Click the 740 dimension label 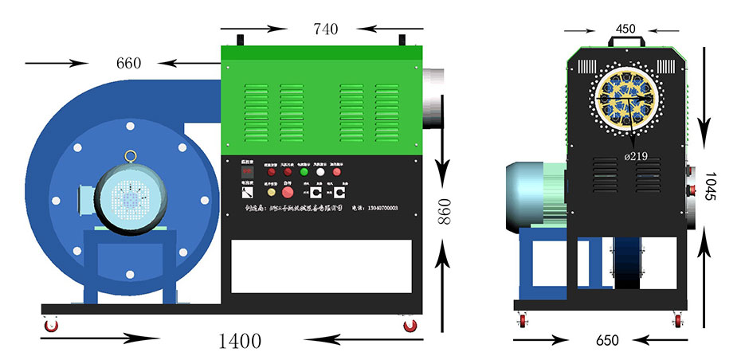pos(325,29)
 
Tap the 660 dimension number pos(129,63)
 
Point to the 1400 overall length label pos(239,342)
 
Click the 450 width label pos(625,29)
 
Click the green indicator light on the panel pos(303,171)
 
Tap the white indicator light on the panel pos(320,171)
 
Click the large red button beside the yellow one pos(287,192)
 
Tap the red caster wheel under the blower pos(52,326)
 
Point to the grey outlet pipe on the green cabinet pos(434,98)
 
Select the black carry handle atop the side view pos(626,39)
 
